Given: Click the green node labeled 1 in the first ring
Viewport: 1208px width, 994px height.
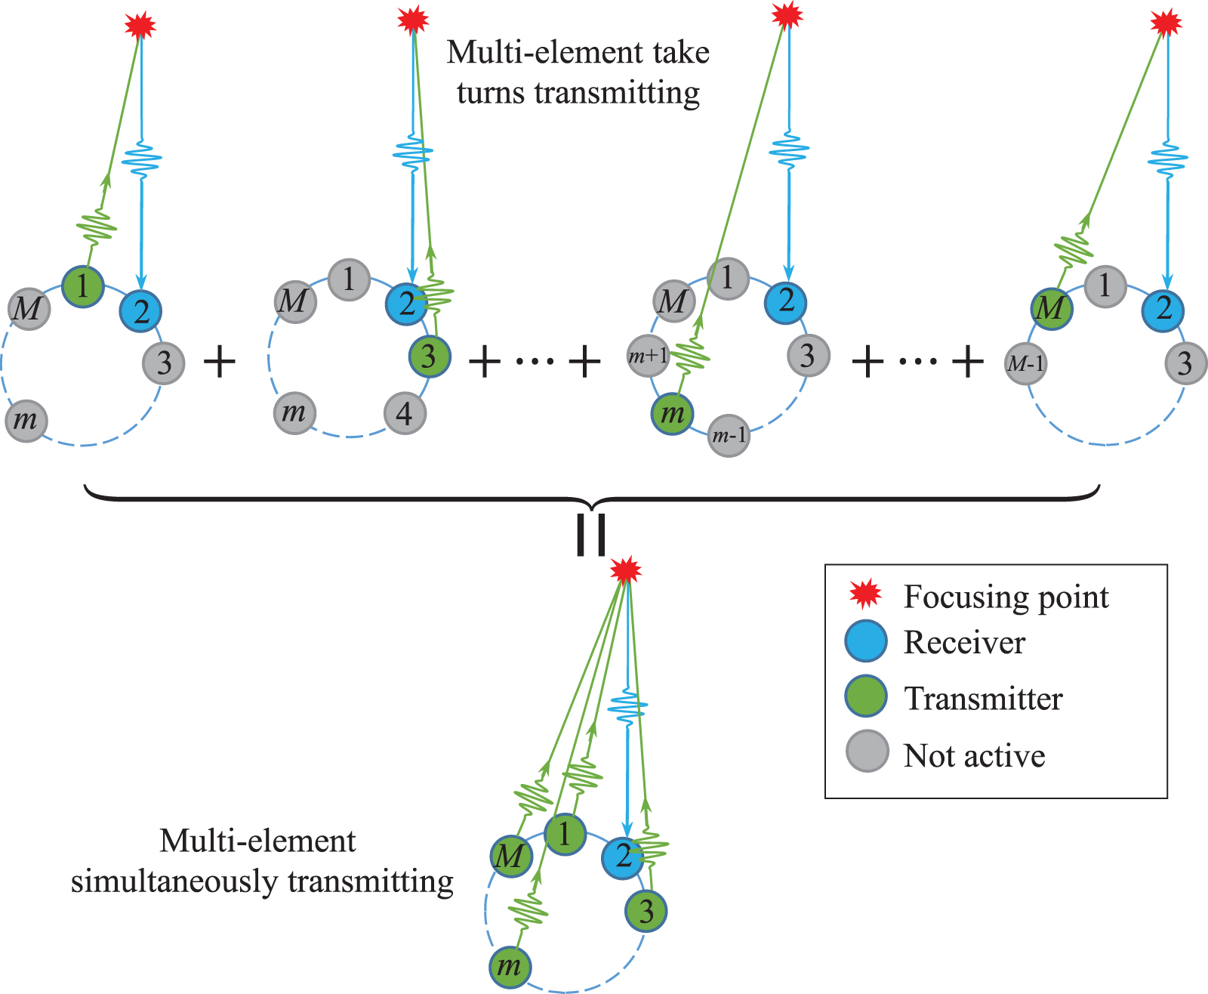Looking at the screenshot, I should click(83, 286).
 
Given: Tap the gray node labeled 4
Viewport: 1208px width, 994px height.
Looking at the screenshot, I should click(405, 413).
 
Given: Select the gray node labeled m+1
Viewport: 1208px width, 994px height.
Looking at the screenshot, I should click(649, 355).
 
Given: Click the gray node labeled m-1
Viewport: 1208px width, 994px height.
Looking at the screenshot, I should click(729, 436).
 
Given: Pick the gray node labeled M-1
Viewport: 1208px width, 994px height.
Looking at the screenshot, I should click(1026, 364).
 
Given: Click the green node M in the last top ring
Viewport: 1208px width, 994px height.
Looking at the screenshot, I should click(1052, 308).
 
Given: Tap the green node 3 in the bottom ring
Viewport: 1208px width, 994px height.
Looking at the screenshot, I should click(646, 911).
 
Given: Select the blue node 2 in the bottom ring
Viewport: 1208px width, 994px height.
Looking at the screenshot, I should click(623, 857).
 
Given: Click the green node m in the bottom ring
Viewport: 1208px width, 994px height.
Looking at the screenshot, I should click(510, 967).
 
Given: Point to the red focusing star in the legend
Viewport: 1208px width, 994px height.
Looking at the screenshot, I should click(865, 595).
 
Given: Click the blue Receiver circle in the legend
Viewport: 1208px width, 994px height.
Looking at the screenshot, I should click(866, 642).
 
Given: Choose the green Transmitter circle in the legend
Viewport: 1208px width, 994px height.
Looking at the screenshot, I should click(866, 696).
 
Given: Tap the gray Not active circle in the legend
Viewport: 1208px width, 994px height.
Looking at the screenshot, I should click(867, 752).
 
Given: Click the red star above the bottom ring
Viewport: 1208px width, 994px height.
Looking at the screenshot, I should click(625, 570).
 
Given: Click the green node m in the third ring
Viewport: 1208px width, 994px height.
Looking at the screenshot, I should click(672, 413).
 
